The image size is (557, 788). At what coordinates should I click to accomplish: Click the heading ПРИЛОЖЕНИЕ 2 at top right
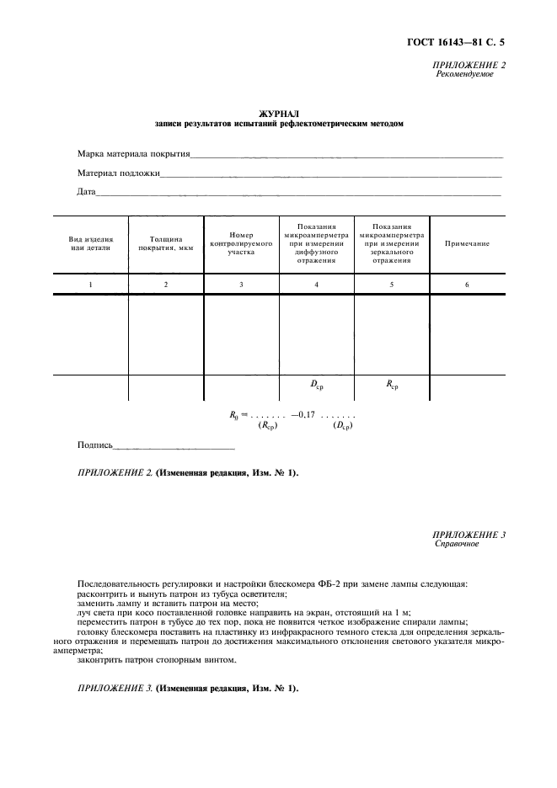click(x=469, y=65)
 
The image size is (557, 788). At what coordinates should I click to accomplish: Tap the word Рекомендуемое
click(x=464, y=74)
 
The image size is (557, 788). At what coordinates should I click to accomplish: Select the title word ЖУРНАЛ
click(x=279, y=113)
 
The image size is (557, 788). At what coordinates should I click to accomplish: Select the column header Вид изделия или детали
click(x=90, y=243)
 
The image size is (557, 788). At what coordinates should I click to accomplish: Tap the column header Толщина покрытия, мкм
click(x=165, y=243)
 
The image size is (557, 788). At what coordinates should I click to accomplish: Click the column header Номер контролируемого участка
click(x=241, y=243)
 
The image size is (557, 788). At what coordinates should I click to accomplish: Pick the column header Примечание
click(x=467, y=243)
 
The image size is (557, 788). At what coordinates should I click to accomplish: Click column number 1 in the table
click(x=90, y=285)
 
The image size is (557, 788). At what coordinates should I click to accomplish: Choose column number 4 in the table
click(x=316, y=285)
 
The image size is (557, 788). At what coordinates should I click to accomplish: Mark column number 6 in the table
click(x=467, y=285)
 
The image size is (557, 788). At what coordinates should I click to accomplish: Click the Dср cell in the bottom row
click(x=317, y=386)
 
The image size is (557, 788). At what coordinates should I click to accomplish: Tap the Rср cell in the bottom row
click(x=392, y=386)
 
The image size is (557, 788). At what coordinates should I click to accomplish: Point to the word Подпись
click(x=94, y=445)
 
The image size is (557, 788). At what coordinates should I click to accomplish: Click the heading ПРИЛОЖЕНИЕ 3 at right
click(x=469, y=535)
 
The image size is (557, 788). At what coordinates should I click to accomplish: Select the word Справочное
click(x=457, y=544)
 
